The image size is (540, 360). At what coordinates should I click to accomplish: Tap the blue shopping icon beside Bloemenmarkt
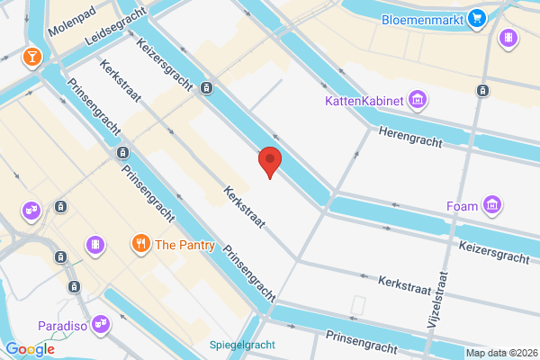[x=476, y=17]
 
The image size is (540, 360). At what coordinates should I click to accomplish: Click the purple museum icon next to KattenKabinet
[x=418, y=99]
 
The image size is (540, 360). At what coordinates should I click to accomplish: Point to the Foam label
[x=462, y=207]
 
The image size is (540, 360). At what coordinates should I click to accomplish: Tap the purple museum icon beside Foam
[x=491, y=206]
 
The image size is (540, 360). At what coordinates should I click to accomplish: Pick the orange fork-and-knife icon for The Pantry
[x=140, y=243]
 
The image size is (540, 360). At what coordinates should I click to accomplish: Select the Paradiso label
[x=62, y=325]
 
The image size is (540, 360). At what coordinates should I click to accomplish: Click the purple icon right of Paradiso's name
[x=101, y=322]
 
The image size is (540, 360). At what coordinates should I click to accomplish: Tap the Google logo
[x=30, y=349]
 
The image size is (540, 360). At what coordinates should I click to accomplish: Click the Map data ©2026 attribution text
[x=500, y=353]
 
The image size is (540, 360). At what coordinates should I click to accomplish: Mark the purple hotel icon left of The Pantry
[x=94, y=244]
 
